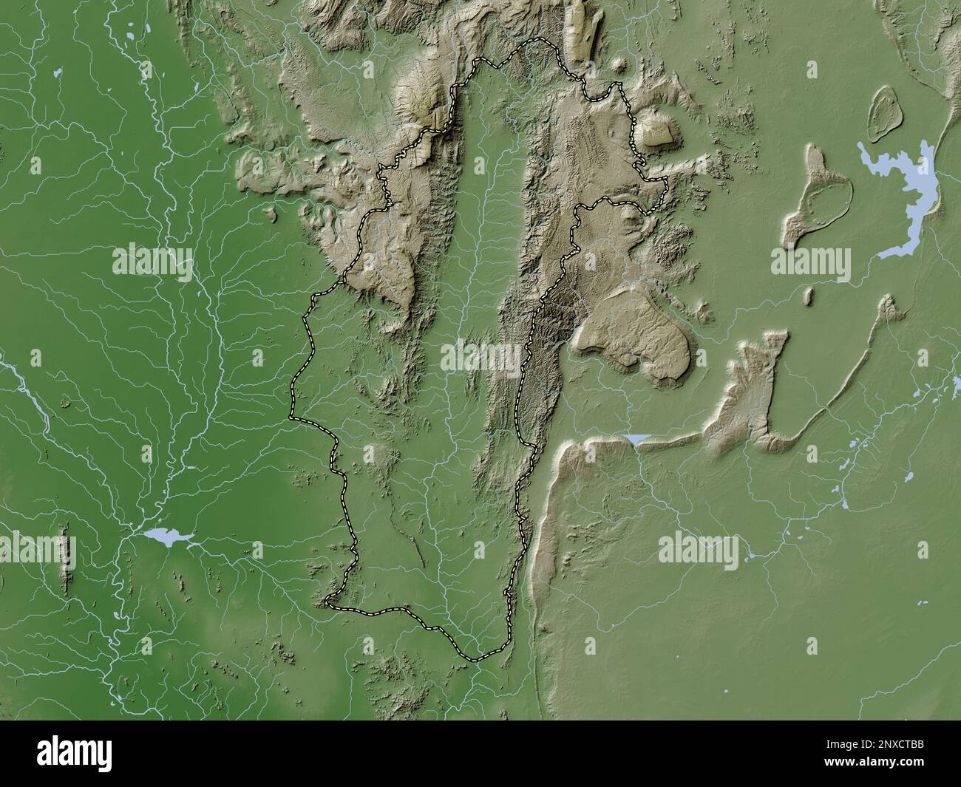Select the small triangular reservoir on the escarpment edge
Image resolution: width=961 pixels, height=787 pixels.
(636, 440)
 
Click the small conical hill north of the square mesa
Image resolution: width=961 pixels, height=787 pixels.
(621, 68)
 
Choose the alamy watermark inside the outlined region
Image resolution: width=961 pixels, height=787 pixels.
(480, 358)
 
